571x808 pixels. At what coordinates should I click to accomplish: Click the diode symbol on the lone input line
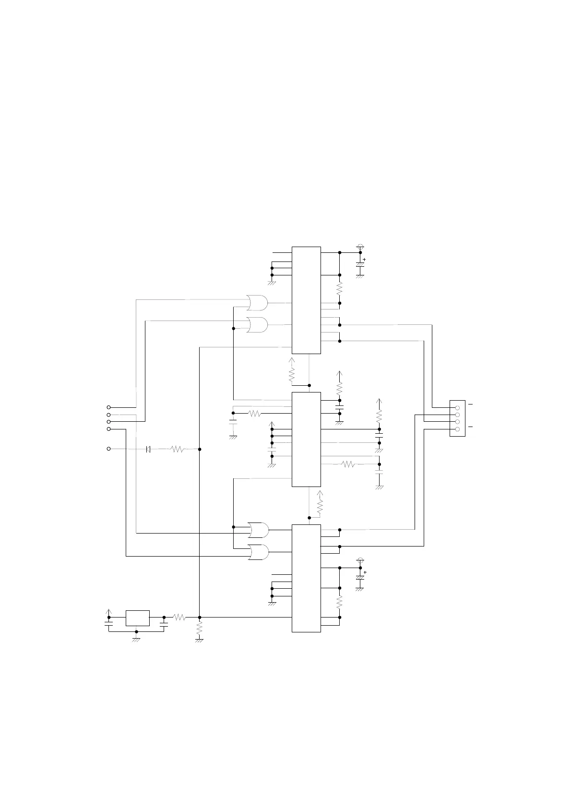click(148, 449)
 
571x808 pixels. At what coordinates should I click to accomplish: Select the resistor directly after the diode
click(177, 449)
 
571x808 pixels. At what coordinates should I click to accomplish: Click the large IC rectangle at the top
click(306, 300)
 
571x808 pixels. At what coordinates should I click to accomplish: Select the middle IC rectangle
click(306, 439)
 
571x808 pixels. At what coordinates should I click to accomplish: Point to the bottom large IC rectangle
click(306, 578)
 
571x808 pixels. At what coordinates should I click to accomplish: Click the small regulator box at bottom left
click(137, 618)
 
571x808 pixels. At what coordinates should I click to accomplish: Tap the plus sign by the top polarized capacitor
click(365, 260)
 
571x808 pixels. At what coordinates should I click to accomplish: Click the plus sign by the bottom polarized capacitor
click(365, 572)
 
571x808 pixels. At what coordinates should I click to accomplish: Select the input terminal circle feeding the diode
click(108, 449)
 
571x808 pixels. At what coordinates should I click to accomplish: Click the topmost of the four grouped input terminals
click(108, 407)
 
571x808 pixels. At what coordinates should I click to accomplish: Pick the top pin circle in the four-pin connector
click(457, 408)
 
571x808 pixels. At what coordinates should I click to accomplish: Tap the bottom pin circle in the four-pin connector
click(457, 429)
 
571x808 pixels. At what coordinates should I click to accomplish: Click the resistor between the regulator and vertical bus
click(179, 618)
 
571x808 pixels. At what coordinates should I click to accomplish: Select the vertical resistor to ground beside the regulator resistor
click(199, 629)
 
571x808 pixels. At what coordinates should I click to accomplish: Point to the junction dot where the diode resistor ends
click(199, 449)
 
